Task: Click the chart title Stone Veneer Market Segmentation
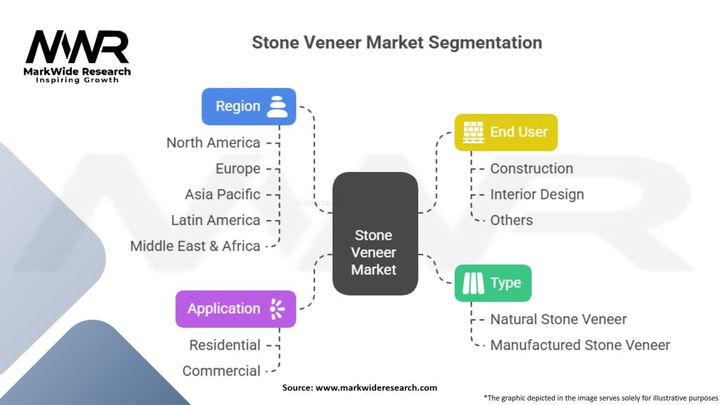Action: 397,42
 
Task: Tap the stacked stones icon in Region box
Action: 278,106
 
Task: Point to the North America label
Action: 213,143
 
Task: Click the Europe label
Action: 238,169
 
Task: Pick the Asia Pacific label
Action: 222,194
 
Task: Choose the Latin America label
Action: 215,220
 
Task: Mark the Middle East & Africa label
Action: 195,246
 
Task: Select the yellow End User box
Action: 506,132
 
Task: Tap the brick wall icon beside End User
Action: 472,132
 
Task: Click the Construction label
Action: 531,169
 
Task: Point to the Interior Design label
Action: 536,194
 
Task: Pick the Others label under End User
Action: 511,220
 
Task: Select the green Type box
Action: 492,283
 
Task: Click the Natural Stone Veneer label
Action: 558,319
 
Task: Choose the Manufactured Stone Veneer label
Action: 579,345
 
